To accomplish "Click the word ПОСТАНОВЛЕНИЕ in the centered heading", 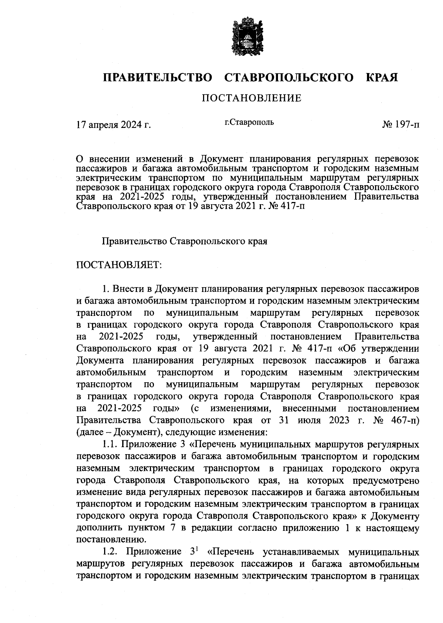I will [x=251, y=98].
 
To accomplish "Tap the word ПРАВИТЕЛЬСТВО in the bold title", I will [x=158, y=78].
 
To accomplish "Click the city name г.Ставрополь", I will [x=249, y=122].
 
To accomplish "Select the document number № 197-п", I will [x=401, y=125].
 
